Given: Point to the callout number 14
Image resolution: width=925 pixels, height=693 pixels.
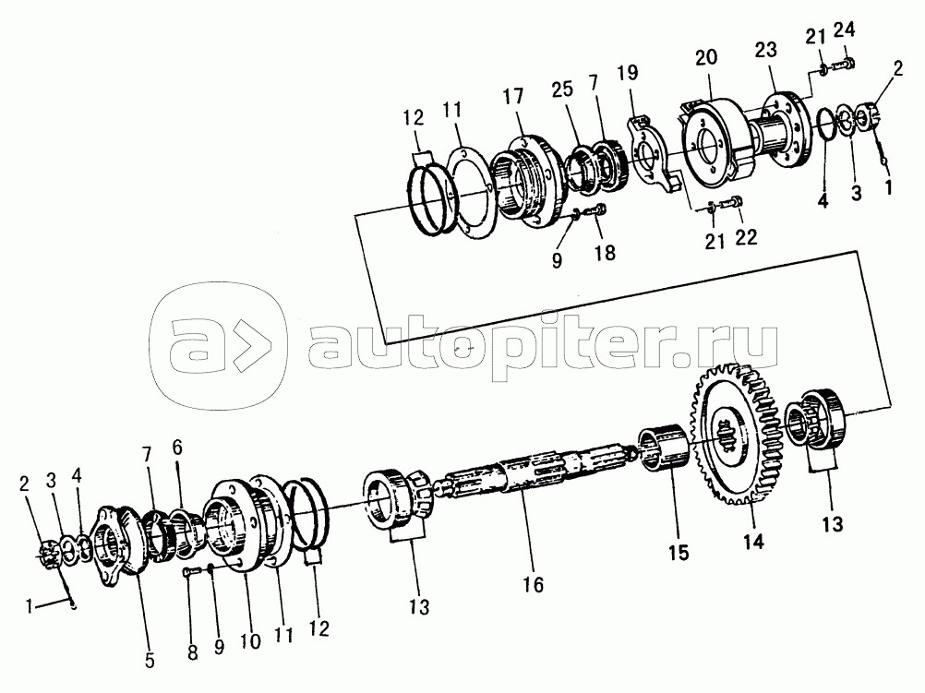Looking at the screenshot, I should pos(754,543).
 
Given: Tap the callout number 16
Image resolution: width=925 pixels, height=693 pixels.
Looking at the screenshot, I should pos(532,585).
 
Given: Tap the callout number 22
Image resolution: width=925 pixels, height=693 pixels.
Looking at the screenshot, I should pos(746,238).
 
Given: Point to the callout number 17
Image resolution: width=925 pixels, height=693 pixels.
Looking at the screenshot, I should pos(514,96).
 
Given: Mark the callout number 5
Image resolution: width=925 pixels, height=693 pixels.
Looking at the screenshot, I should pos(150,661).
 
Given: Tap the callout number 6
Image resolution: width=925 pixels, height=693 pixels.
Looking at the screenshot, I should pos(178,447).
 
